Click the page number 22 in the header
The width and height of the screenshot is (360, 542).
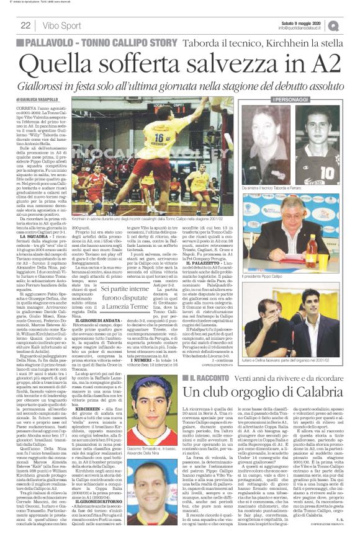pos(26,25)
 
